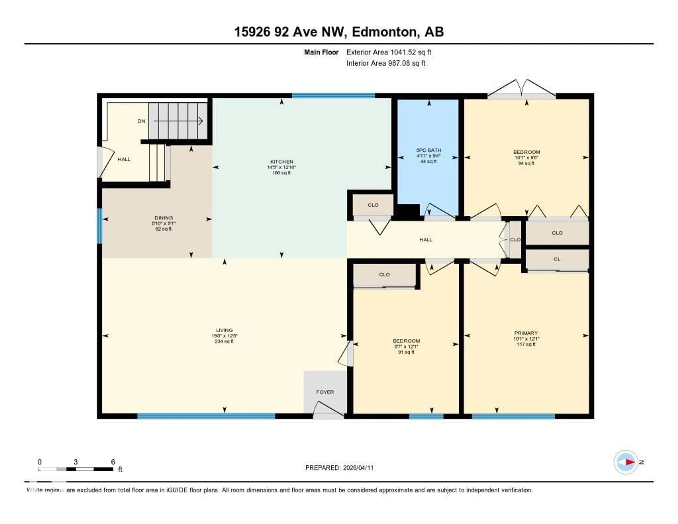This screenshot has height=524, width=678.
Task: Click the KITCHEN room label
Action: [282, 161]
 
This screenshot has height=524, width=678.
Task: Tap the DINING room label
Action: [164, 218]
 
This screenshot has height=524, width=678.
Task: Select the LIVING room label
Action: [224, 330]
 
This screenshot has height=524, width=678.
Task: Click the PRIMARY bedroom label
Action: [526, 333]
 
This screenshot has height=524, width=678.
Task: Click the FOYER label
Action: [325, 392]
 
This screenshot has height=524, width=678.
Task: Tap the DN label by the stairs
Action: [141, 121]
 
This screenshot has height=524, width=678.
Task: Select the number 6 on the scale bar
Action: [113, 462]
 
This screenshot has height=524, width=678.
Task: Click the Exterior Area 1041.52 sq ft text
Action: [389, 52]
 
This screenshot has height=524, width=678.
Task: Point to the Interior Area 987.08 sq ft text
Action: [386, 63]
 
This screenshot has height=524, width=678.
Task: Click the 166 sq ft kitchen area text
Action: [282, 173]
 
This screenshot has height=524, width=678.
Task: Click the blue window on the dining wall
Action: [100, 226]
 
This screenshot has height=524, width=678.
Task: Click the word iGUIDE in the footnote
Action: [177, 490]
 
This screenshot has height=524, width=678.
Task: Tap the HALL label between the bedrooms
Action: [426, 240]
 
